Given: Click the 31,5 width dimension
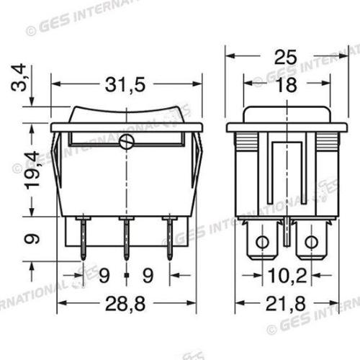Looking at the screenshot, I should coord(126,85).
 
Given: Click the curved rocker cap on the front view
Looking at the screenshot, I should coord(126,115).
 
